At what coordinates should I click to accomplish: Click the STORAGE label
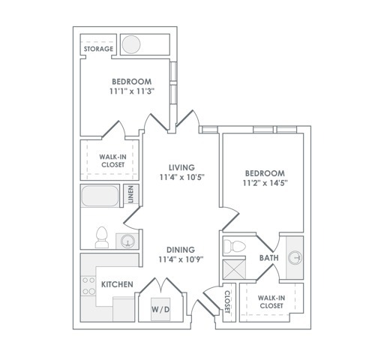pyautogui.click(x=98, y=49)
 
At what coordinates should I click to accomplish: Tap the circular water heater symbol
pyautogui.click(x=131, y=44)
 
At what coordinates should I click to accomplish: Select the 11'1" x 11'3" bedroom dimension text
pyautogui.click(x=131, y=91)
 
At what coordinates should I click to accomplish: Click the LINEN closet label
pyautogui.click(x=130, y=194)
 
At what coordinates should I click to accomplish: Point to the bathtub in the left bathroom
pyautogui.click(x=100, y=196)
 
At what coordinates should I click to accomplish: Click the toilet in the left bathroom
pyautogui.click(x=102, y=237)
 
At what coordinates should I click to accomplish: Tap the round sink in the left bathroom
pyautogui.click(x=127, y=241)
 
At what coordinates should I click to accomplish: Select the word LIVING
pyautogui.click(x=181, y=167)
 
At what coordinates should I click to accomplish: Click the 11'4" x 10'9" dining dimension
pyautogui.click(x=181, y=259)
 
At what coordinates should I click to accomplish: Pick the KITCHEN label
pyautogui.click(x=117, y=284)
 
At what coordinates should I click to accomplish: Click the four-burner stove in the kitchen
pyautogui.click(x=88, y=286)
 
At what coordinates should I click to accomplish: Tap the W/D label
pyautogui.click(x=160, y=310)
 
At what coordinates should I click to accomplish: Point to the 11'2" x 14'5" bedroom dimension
pyautogui.click(x=265, y=183)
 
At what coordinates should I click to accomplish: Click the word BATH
pyautogui.click(x=269, y=258)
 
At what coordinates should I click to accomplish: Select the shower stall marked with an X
pyautogui.click(x=234, y=269)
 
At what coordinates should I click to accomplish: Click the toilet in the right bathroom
pyautogui.click(x=234, y=246)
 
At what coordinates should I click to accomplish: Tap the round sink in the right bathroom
pyautogui.click(x=295, y=257)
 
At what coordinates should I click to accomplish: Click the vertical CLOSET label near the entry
pyautogui.click(x=227, y=301)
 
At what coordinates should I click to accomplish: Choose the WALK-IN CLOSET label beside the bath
pyautogui.click(x=271, y=301)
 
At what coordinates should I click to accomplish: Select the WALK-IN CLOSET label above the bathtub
pyautogui.click(x=112, y=160)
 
